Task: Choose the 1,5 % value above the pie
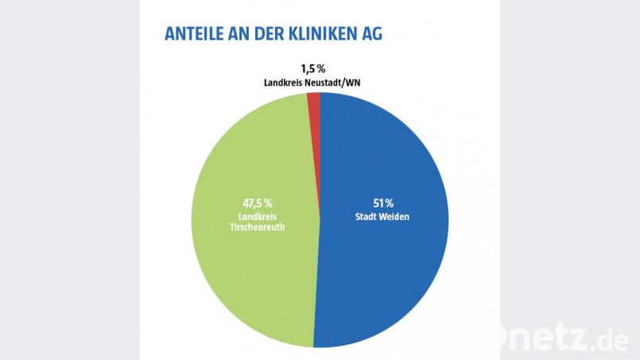pyautogui.click(x=312, y=68)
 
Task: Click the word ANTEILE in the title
pyautogui.click(x=195, y=35)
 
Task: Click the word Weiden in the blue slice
pyautogui.click(x=394, y=216)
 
